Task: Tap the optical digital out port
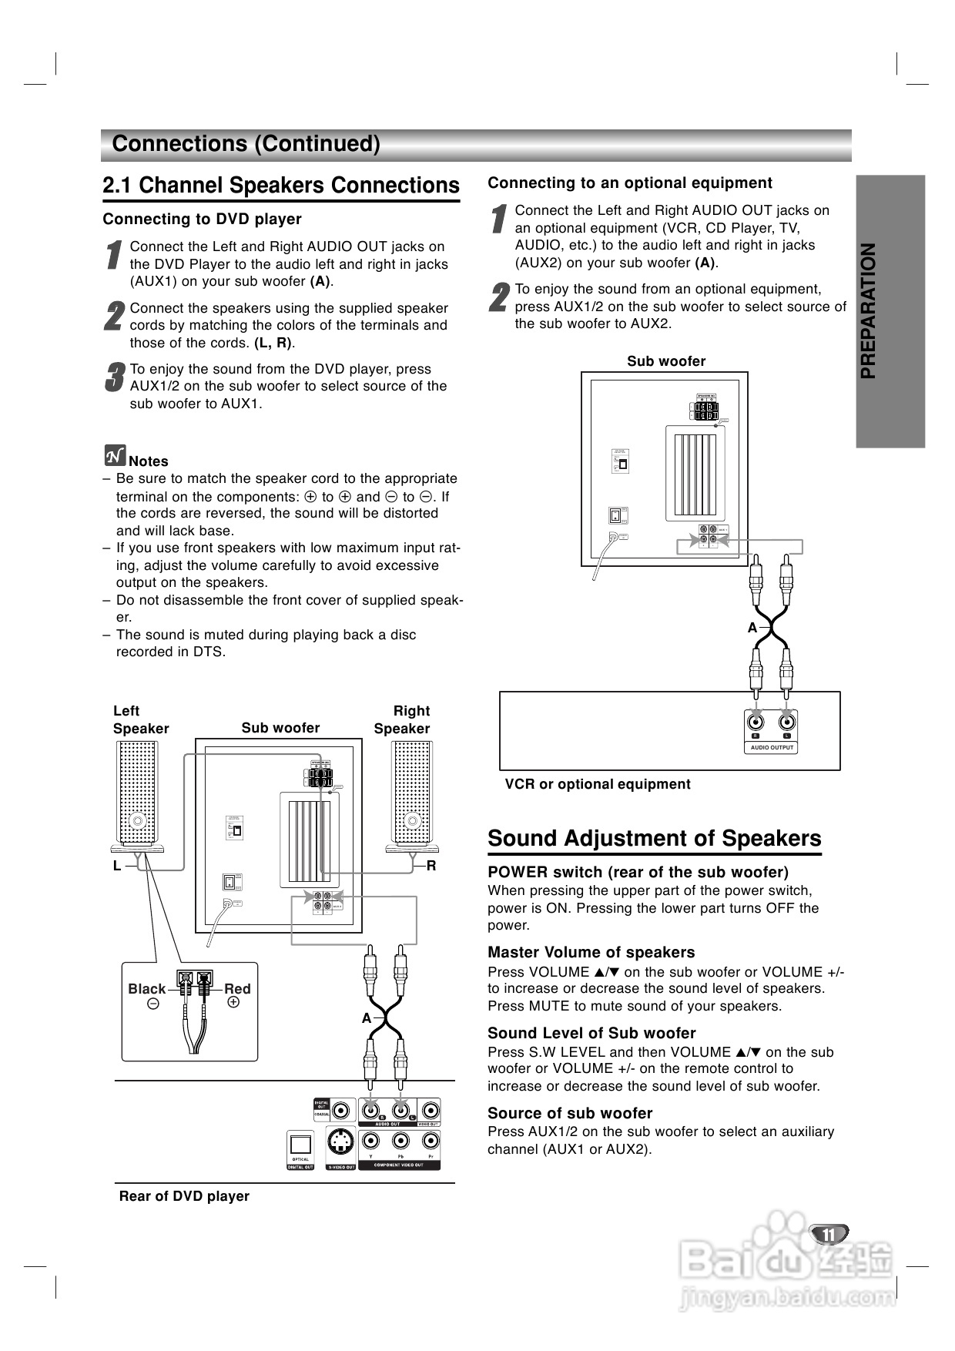click(300, 1144)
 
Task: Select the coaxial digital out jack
click(342, 1111)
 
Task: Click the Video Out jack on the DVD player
click(429, 1111)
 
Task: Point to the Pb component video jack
click(400, 1144)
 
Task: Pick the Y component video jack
click(371, 1144)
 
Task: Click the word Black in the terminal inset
click(146, 989)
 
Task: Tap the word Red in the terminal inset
click(237, 989)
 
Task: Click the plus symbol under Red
click(233, 1003)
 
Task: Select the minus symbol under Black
click(153, 1004)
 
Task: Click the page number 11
click(828, 1234)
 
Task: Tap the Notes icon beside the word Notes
click(114, 456)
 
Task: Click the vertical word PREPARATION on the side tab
click(869, 311)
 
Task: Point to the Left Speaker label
click(140, 719)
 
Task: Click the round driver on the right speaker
click(412, 820)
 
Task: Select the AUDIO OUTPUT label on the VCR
click(772, 747)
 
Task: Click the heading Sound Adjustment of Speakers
click(655, 839)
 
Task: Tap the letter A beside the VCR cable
click(752, 628)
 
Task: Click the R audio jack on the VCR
click(756, 722)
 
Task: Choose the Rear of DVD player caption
click(184, 1196)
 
